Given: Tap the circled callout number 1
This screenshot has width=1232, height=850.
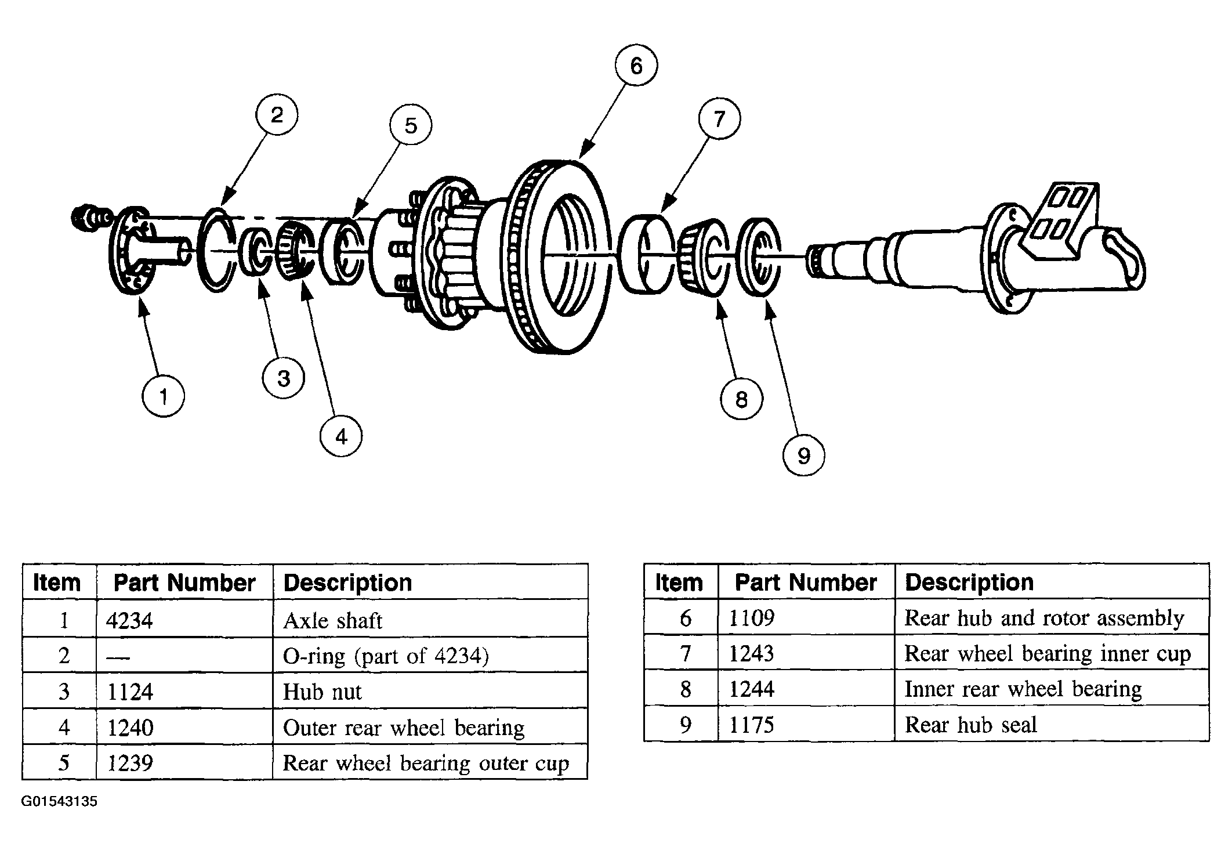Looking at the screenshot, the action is (163, 396).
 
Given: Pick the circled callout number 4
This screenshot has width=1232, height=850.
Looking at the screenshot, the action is (341, 436).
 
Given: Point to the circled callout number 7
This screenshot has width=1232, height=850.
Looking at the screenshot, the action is (720, 118).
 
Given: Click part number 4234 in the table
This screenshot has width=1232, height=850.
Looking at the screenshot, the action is (129, 620).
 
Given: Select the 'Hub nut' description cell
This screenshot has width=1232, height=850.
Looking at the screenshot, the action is (322, 691).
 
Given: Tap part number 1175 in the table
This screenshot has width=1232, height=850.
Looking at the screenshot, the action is (751, 724).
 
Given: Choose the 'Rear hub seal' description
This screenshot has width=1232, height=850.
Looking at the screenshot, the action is (970, 724).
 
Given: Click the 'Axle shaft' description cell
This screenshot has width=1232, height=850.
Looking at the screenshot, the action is (332, 620).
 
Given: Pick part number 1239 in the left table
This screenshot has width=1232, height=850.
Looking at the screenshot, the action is (130, 762).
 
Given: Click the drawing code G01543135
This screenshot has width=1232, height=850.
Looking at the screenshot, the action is (59, 801).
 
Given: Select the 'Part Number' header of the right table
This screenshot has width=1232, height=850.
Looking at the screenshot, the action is (806, 582).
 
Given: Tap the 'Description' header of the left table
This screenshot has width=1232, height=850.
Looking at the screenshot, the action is (347, 583).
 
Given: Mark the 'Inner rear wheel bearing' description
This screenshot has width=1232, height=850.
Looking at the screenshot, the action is (1023, 689).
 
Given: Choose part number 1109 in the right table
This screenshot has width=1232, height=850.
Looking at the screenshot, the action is (751, 618).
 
